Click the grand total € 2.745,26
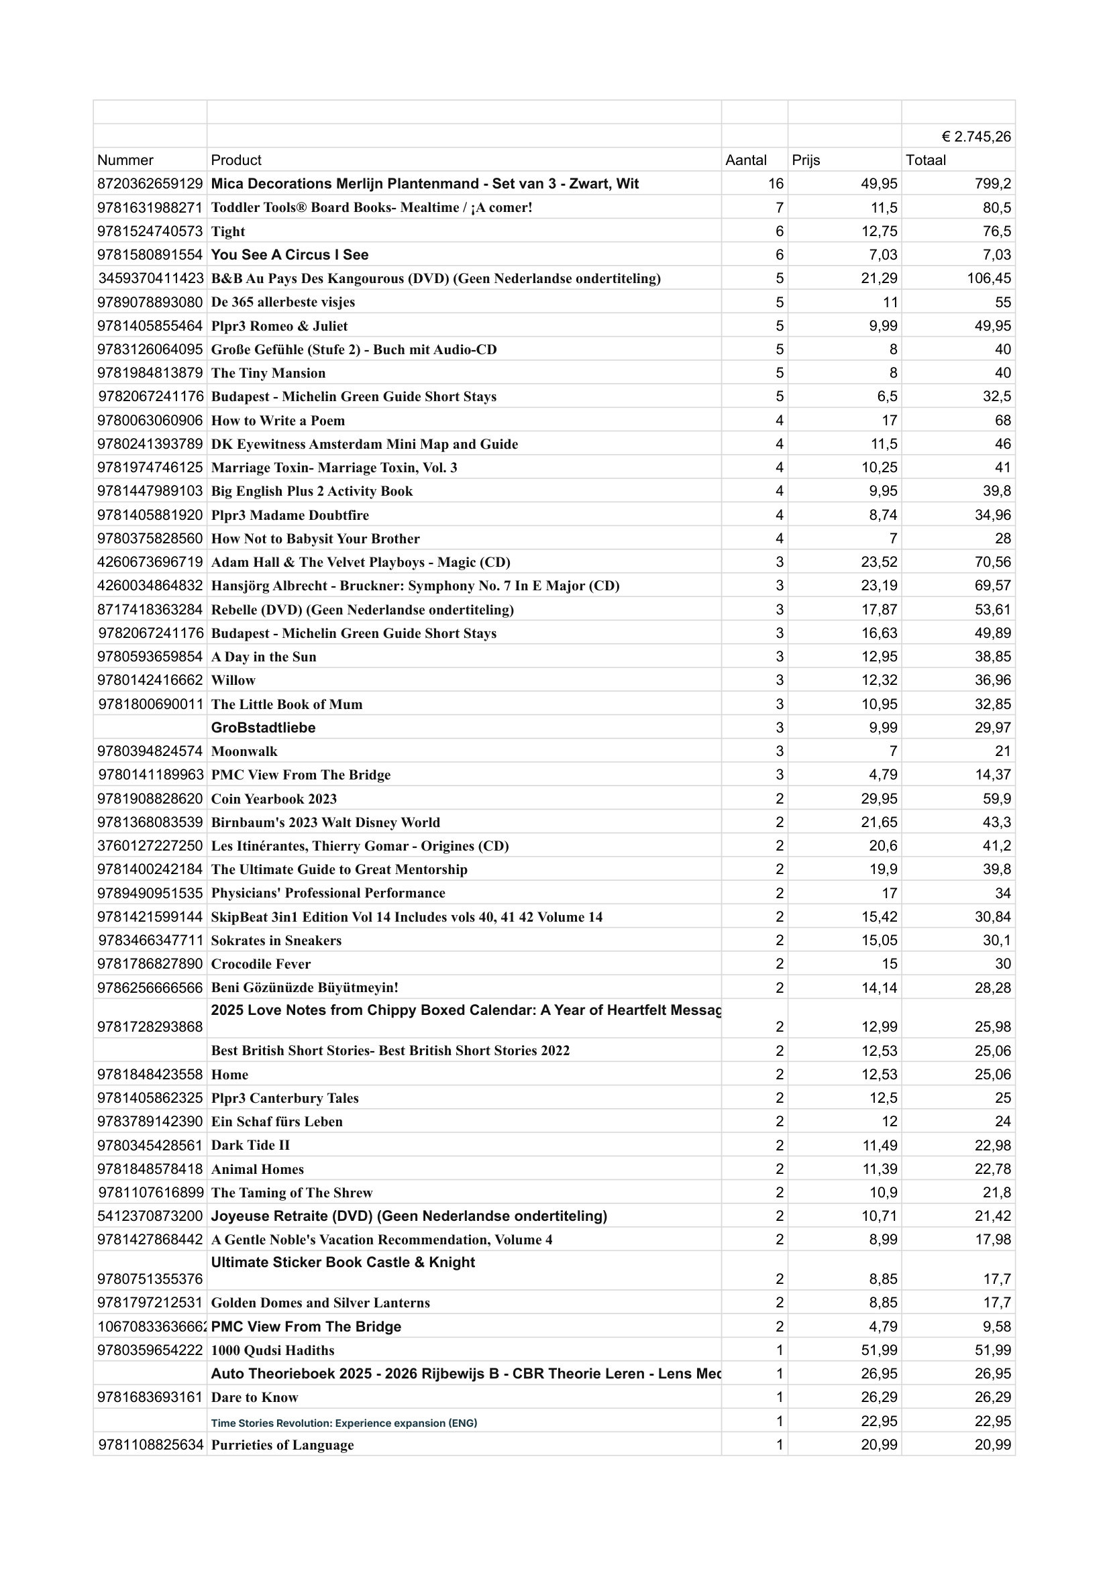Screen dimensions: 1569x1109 [x=975, y=137]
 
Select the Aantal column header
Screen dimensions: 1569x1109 [x=745, y=160]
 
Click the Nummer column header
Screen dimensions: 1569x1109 [x=125, y=160]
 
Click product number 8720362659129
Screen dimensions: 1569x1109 [x=150, y=184]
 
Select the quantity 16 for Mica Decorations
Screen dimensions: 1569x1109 [x=775, y=184]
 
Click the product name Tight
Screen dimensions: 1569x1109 [x=227, y=231]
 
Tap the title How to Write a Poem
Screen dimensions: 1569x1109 [x=278, y=421]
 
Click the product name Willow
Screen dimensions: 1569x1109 [x=233, y=681]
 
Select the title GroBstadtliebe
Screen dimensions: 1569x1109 [x=263, y=728]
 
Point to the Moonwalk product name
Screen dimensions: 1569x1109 [x=244, y=752]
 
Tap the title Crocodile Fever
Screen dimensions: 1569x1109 [x=260, y=964]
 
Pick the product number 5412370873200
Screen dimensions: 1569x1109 [x=150, y=1216]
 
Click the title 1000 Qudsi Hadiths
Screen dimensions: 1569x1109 [x=272, y=1350]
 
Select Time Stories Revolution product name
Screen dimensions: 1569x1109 [x=344, y=1423]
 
